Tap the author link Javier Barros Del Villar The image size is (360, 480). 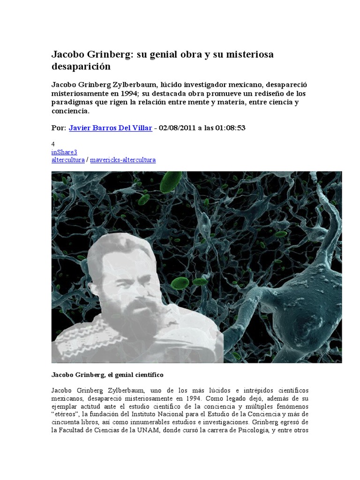coord(110,128)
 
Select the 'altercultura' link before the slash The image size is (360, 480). coord(67,160)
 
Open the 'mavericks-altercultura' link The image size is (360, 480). coord(122,160)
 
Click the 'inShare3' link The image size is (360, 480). coord(64,152)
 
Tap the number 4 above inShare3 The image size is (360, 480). coord(53,145)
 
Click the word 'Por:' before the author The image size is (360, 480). coord(59,128)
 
